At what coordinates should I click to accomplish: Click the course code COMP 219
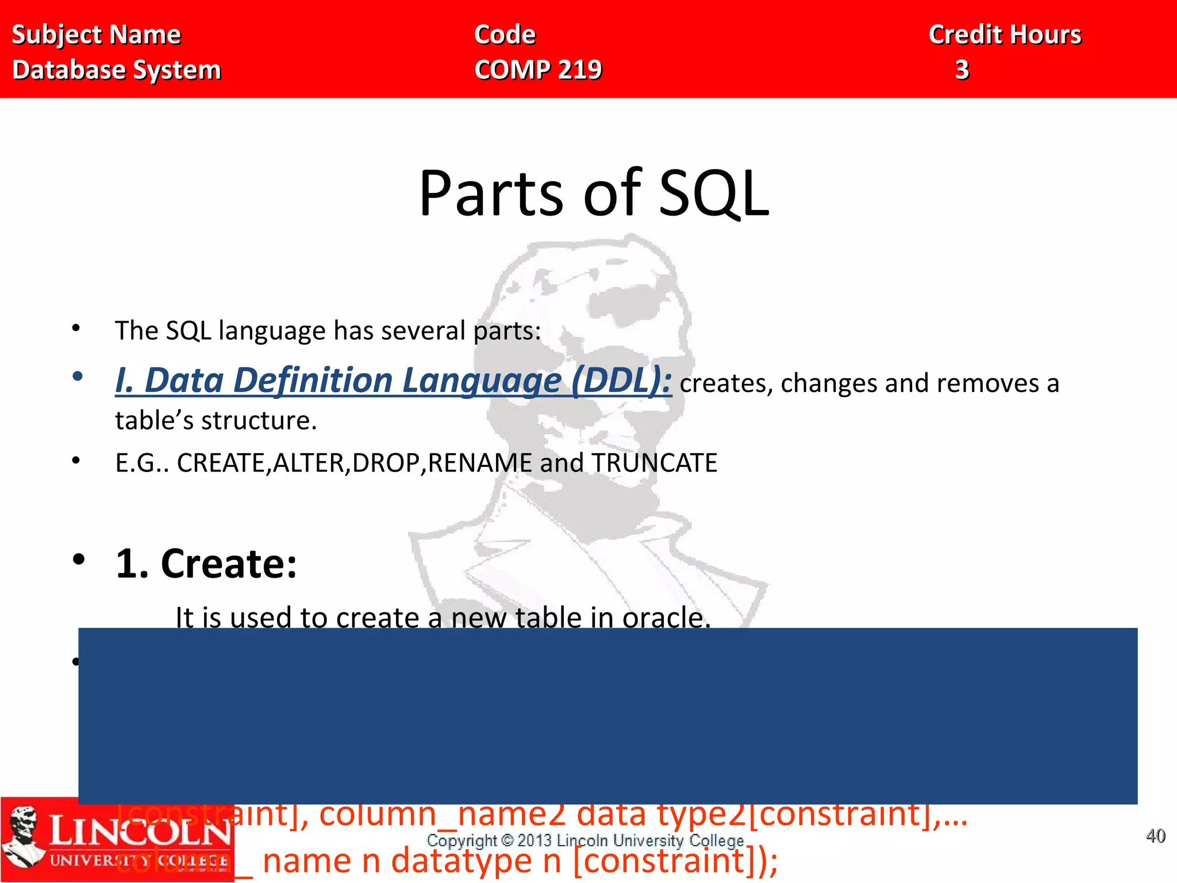(x=538, y=70)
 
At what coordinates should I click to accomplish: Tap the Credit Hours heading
(x=1005, y=34)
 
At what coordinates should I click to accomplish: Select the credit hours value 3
(x=962, y=70)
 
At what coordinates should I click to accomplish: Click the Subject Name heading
(x=96, y=34)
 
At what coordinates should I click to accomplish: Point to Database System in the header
(x=117, y=70)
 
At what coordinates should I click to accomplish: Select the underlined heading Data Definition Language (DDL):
(x=393, y=381)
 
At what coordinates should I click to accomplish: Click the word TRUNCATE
(x=655, y=463)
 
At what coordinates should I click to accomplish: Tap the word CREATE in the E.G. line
(x=221, y=463)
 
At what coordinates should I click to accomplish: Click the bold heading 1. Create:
(x=206, y=563)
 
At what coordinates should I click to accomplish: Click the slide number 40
(x=1155, y=836)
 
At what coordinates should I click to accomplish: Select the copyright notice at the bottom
(x=585, y=840)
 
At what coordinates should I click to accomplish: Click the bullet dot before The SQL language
(x=76, y=328)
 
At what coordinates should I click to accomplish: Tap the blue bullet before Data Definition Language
(x=78, y=377)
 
